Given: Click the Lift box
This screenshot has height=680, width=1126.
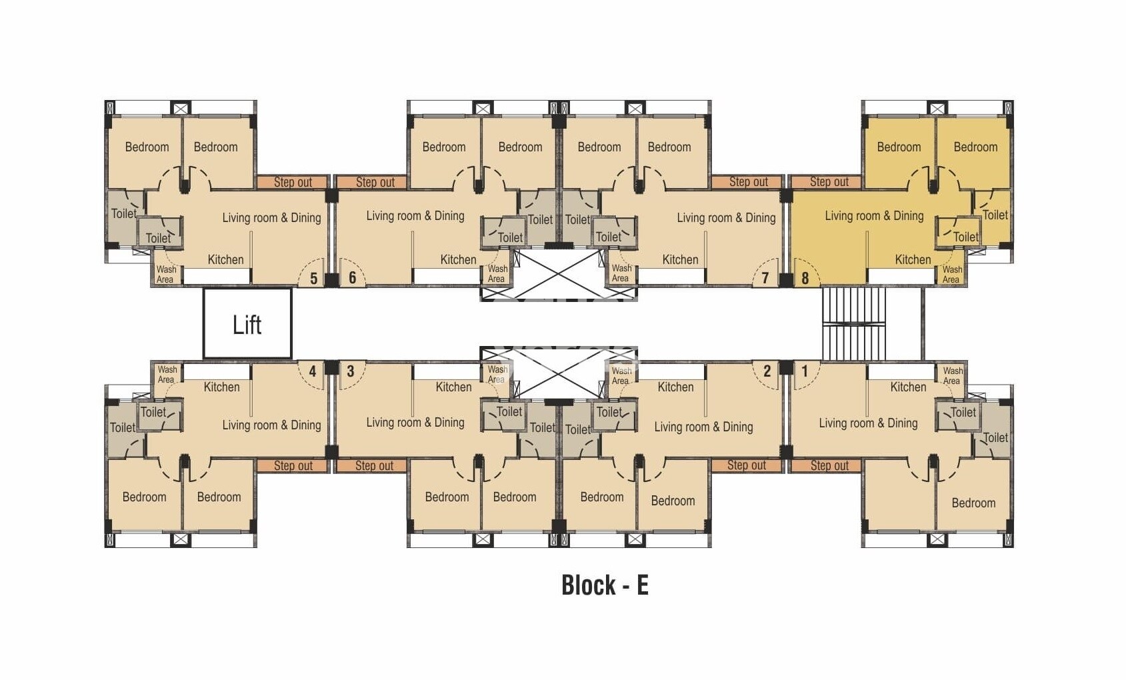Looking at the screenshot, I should [x=247, y=324].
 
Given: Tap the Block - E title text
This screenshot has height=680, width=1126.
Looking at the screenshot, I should [x=605, y=585].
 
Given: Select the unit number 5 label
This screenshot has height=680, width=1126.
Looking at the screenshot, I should [x=313, y=278].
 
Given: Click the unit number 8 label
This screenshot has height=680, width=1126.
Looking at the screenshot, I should [x=805, y=278].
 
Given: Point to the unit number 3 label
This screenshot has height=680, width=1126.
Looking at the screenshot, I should [x=351, y=371].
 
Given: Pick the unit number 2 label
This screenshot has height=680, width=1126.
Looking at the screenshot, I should [x=767, y=371].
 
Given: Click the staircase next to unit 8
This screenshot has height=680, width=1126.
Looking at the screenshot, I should [x=854, y=324].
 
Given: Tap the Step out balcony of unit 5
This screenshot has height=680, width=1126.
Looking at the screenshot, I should [x=293, y=182].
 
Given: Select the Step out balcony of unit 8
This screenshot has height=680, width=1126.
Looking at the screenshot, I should [x=829, y=181].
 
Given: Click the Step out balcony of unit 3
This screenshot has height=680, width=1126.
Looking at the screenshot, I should [x=374, y=465].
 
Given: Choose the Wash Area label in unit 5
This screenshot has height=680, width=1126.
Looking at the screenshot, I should [x=166, y=274].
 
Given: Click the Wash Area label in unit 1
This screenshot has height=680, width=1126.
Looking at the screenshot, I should [x=952, y=375].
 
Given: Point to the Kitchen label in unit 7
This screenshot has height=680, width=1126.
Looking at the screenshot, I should [x=680, y=259].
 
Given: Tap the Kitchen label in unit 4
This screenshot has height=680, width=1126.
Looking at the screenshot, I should [x=221, y=387].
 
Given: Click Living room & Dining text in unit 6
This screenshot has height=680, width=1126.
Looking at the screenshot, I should [x=415, y=215].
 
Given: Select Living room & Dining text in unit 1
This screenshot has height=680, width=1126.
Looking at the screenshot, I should [x=868, y=423].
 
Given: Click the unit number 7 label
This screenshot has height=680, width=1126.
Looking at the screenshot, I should [x=765, y=278].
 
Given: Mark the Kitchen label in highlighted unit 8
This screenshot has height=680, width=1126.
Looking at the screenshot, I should [x=913, y=259].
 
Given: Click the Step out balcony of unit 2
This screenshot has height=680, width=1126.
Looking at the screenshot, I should [x=746, y=465].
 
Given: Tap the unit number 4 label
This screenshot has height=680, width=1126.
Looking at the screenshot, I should [x=312, y=371].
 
